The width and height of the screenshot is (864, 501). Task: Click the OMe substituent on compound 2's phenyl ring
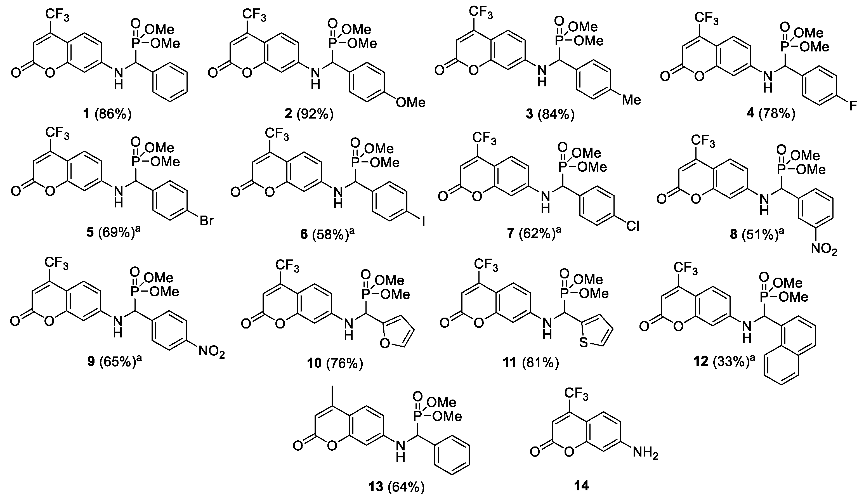pyautogui.click(x=410, y=102)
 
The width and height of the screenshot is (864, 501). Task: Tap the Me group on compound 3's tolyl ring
pyautogui.click(x=631, y=100)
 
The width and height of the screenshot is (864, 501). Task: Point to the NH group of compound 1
pyautogui.click(x=118, y=78)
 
